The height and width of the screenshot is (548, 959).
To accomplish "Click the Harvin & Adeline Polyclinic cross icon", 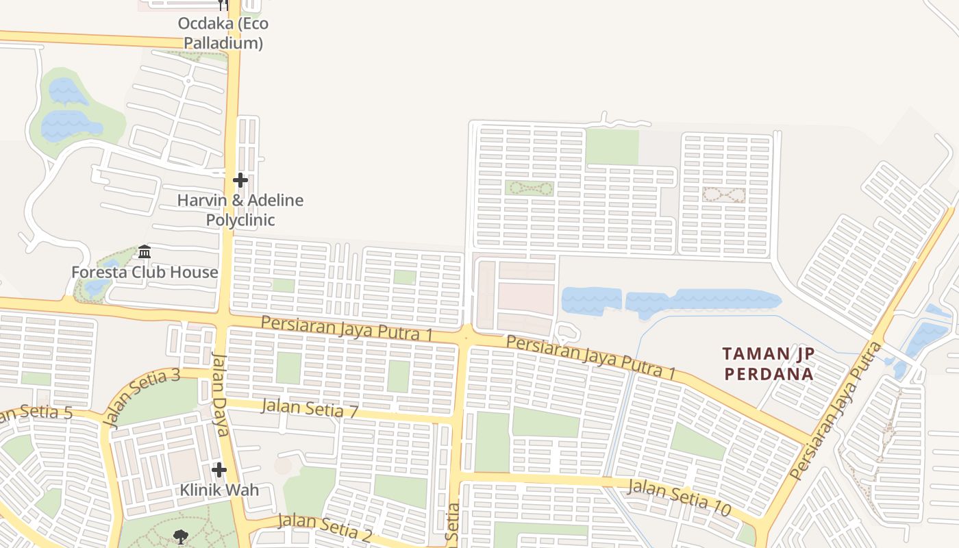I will tap(240, 180).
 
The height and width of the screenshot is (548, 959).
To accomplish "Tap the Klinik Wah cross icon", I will tap(219, 470).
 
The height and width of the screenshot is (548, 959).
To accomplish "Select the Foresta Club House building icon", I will tap(145, 252).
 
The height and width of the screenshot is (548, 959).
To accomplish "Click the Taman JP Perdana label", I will tap(769, 364).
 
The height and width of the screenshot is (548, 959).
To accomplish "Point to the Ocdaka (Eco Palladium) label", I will tap(223, 33).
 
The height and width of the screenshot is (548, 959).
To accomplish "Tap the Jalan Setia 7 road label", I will tap(310, 408).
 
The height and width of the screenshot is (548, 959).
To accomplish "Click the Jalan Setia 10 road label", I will tap(679, 497).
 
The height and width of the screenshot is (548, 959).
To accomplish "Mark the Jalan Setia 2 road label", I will tap(325, 526).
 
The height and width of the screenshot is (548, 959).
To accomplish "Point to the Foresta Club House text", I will tap(145, 272).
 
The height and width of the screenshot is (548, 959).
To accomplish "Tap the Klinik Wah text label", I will tap(219, 490).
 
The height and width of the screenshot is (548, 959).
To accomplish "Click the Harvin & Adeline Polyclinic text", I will tap(240, 210).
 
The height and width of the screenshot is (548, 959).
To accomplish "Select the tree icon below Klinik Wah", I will tap(181, 536).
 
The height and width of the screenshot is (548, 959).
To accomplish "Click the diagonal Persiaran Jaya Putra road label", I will tap(835, 411).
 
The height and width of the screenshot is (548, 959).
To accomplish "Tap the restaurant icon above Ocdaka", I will tap(222, 4).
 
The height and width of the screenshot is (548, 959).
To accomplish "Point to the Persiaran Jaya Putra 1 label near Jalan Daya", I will tap(347, 328).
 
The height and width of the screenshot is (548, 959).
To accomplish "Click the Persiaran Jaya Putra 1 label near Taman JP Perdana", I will tap(590, 357).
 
